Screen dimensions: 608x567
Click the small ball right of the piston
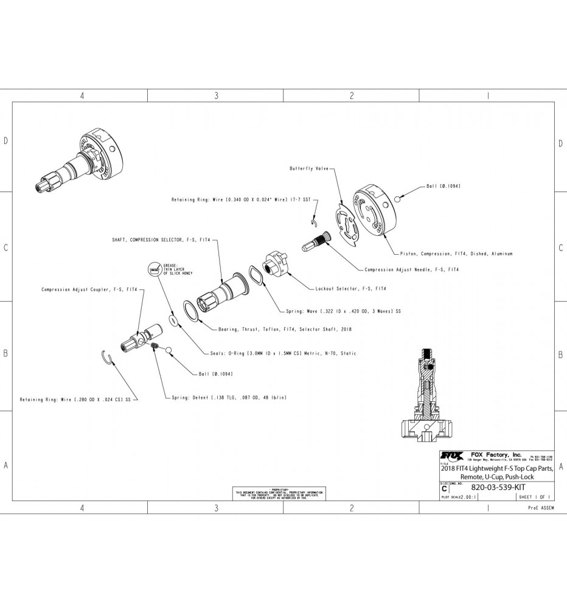pyautogui.click(x=397, y=199)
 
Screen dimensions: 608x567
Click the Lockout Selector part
pyautogui.click(x=277, y=263)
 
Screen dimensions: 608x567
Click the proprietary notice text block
pyautogui.click(x=279, y=492)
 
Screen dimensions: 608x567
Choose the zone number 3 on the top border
pyautogui.click(x=216, y=96)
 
